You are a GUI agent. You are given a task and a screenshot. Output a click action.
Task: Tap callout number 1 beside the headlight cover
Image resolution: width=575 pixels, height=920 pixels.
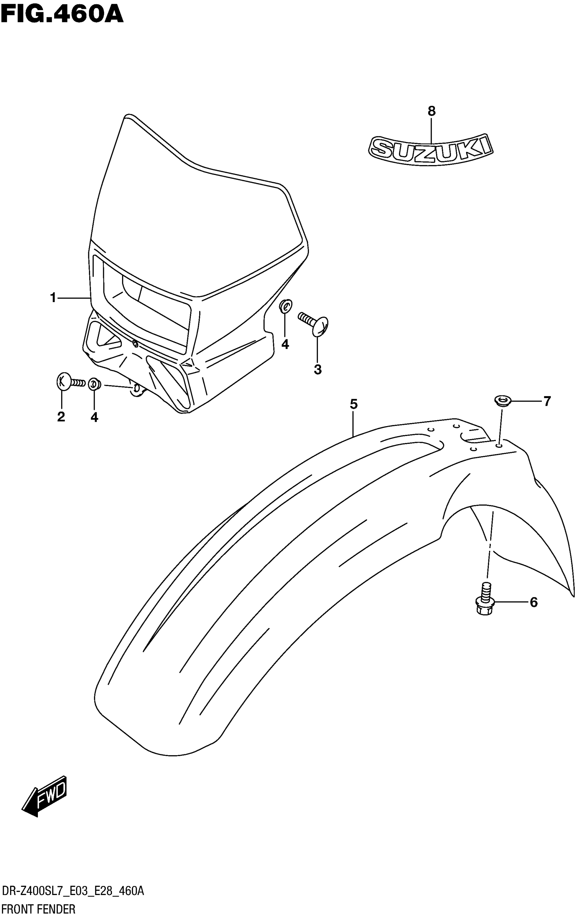(x=53, y=298)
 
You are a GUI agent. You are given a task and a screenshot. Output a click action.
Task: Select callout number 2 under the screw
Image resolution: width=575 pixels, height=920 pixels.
(x=61, y=417)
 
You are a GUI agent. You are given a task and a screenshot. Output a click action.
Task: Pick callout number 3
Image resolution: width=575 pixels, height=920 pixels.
(x=318, y=369)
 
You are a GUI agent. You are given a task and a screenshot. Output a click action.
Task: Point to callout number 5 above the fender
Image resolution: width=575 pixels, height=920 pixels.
(x=354, y=404)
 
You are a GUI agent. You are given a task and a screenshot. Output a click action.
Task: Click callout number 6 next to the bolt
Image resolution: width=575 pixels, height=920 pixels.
(x=533, y=602)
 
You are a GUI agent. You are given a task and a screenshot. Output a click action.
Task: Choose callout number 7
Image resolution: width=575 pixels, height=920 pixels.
(x=547, y=401)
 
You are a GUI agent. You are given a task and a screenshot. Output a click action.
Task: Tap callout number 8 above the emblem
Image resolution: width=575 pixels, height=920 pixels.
(x=431, y=111)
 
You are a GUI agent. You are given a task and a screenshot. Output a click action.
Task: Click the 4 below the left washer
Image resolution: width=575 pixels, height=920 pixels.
(x=94, y=417)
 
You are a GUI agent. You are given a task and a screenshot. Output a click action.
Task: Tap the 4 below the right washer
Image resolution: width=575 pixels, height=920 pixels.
(x=285, y=344)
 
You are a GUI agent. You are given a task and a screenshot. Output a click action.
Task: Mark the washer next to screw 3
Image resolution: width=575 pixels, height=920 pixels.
(x=285, y=306)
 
